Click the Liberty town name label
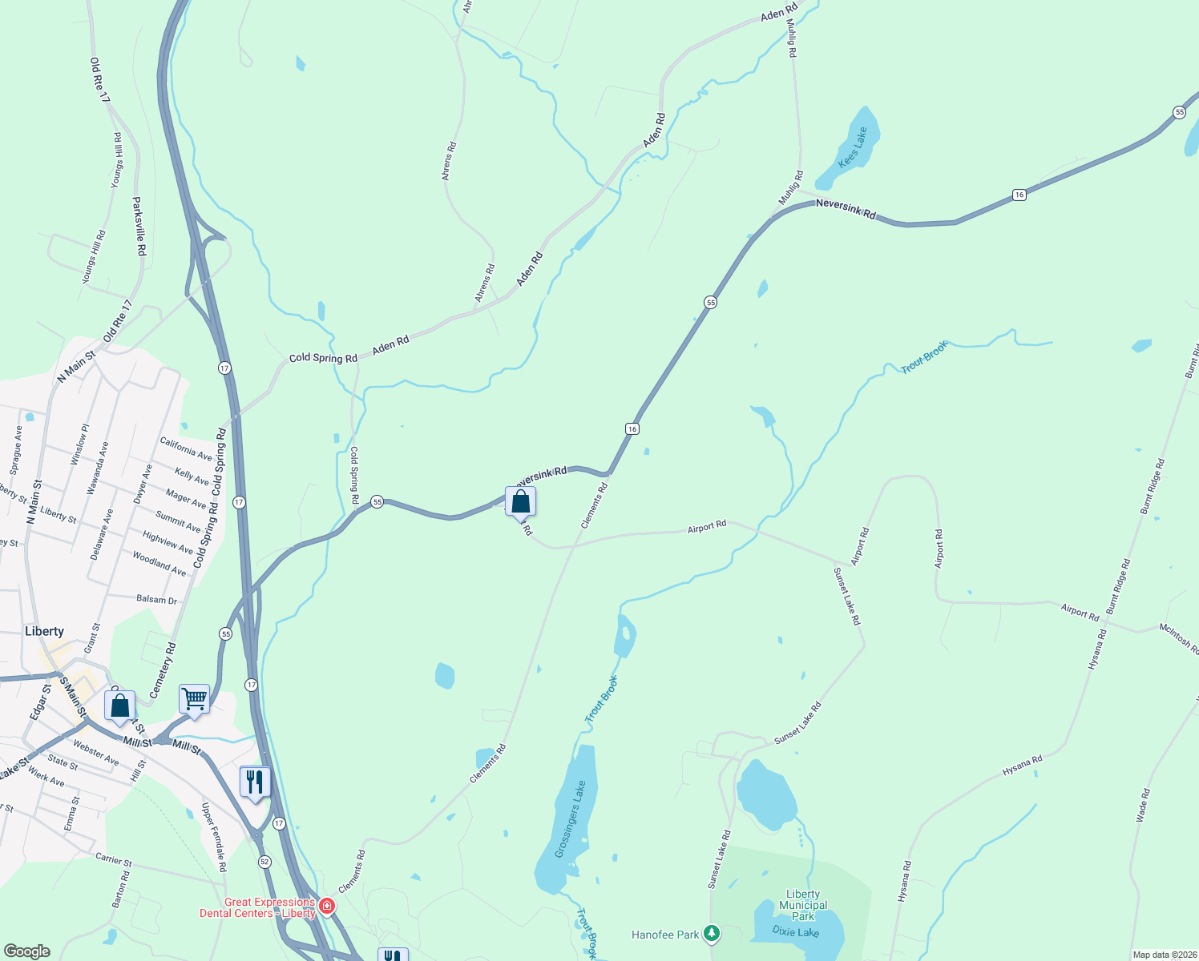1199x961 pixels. pyautogui.click(x=44, y=631)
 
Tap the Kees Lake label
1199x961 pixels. pyautogui.click(x=853, y=148)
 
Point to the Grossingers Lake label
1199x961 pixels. pyautogui.click(x=571, y=818)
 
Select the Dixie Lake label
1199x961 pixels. pyautogui.click(x=795, y=931)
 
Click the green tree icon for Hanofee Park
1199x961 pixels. pyautogui.click(x=711, y=933)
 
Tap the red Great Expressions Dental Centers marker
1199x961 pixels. pyautogui.click(x=327, y=907)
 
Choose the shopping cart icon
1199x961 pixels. pyautogui.click(x=195, y=699)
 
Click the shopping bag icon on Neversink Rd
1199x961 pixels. pyautogui.click(x=521, y=502)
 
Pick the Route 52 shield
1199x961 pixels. pyautogui.click(x=264, y=862)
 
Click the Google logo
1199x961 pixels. pyautogui.click(x=27, y=951)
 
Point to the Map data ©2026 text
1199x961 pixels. pyautogui.click(x=1164, y=955)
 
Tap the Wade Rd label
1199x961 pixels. pyautogui.click(x=1143, y=805)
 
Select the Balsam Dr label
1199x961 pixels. pyautogui.click(x=156, y=599)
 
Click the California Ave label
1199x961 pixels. pyautogui.click(x=186, y=448)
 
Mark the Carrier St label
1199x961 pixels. pyautogui.click(x=114, y=859)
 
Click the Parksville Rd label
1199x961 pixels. pyautogui.click(x=139, y=226)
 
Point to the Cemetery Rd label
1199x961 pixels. pyautogui.click(x=163, y=669)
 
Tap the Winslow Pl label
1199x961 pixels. pyautogui.click(x=80, y=445)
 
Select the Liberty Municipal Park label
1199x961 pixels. pyautogui.click(x=803, y=905)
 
